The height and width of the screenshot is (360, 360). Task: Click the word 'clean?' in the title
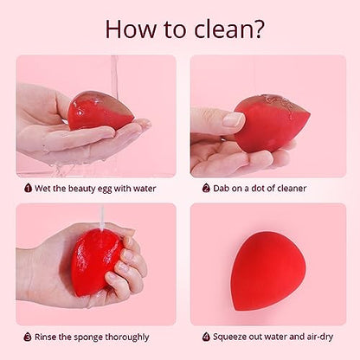pos(229,29)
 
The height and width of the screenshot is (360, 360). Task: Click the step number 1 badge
pos(28,189)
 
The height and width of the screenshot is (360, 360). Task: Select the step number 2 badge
pos(206,189)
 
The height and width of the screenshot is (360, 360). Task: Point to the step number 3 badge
pos(28,337)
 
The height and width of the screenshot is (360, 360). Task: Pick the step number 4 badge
pos(206,337)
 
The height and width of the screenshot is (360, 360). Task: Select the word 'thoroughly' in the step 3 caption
pos(127,337)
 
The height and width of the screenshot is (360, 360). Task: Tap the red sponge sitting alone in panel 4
pos(268,271)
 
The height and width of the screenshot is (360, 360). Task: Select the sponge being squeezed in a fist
pos(97,261)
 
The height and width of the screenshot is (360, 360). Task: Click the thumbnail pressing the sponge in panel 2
pos(234,119)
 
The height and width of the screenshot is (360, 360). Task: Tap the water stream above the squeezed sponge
pos(102,217)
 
